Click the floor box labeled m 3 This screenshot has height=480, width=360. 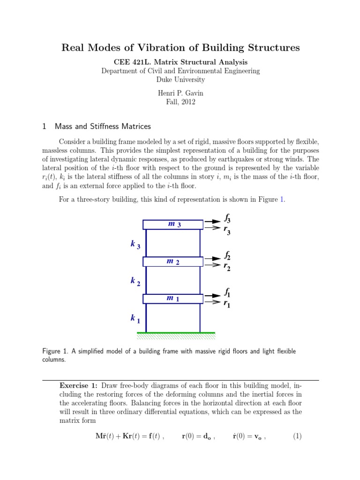pyautogui.click(x=173, y=225)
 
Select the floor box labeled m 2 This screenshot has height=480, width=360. pyautogui.click(x=173, y=262)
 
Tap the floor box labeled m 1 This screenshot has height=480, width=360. pyautogui.click(x=173, y=299)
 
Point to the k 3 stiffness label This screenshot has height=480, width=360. pyautogui.click(x=135, y=245)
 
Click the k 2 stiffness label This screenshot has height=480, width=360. pyautogui.click(x=135, y=282)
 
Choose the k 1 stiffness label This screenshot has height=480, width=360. pyautogui.click(x=135, y=319)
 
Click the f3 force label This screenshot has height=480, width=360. pyautogui.click(x=227, y=218)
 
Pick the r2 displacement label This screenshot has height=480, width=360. pyautogui.click(x=227, y=267)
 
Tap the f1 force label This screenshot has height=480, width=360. pyautogui.click(x=227, y=293)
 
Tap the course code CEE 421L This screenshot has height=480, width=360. pyautogui.click(x=134, y=62)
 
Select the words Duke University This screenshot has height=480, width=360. pyautogui.click(x=180, y=80)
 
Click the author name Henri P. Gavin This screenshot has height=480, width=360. pyautogui.click(x=180, y=93)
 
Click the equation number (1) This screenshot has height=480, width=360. pyautogui.click(x=297, y=436)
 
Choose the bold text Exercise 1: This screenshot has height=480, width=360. pyautogui.click(x=78, y=385)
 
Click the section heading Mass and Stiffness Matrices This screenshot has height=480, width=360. pyautogui.click(x=103, y=127)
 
